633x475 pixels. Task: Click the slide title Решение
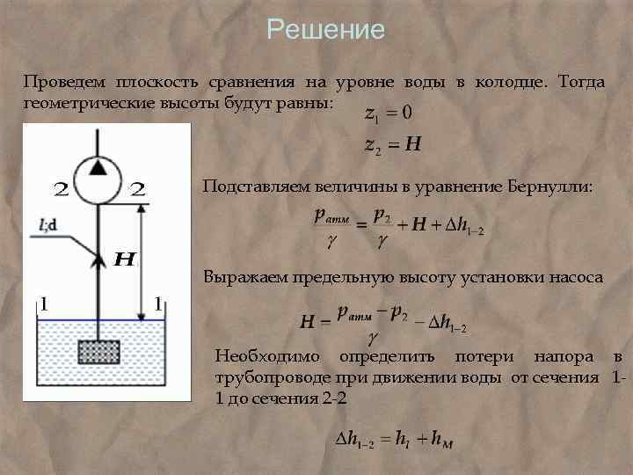click(x=326, y=30)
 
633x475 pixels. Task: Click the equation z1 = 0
click(x=389, y=113)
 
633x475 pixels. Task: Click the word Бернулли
click(x=550, y=187)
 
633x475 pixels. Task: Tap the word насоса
click(x=577, y=277)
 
